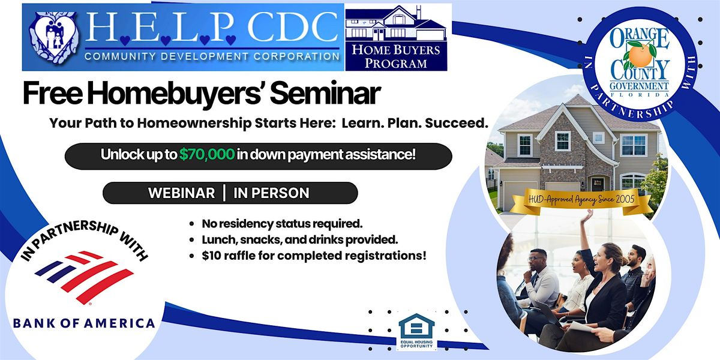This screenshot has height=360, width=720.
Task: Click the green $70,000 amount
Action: click(206, 154)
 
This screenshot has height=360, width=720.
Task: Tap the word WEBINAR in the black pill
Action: click(182, 193)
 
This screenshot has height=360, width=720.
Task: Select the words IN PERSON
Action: click(271, 193)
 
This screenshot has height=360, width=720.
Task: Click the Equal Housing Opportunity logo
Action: click(416, 331)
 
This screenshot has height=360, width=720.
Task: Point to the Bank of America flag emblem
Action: click(84, 277)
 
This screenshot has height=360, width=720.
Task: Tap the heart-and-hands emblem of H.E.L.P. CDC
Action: click(53, 38)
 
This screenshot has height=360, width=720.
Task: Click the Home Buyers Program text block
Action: click(395, 56)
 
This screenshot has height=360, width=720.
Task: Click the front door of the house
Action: click(598, 184)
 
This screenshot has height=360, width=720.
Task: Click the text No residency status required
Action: click(282, 224)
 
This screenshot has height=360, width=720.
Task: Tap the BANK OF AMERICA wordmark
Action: click(84, 323)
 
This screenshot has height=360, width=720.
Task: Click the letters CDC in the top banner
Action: click(293, 28)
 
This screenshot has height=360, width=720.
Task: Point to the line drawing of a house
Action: click(396, 23)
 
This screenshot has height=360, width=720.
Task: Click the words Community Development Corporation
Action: click(212, 56)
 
